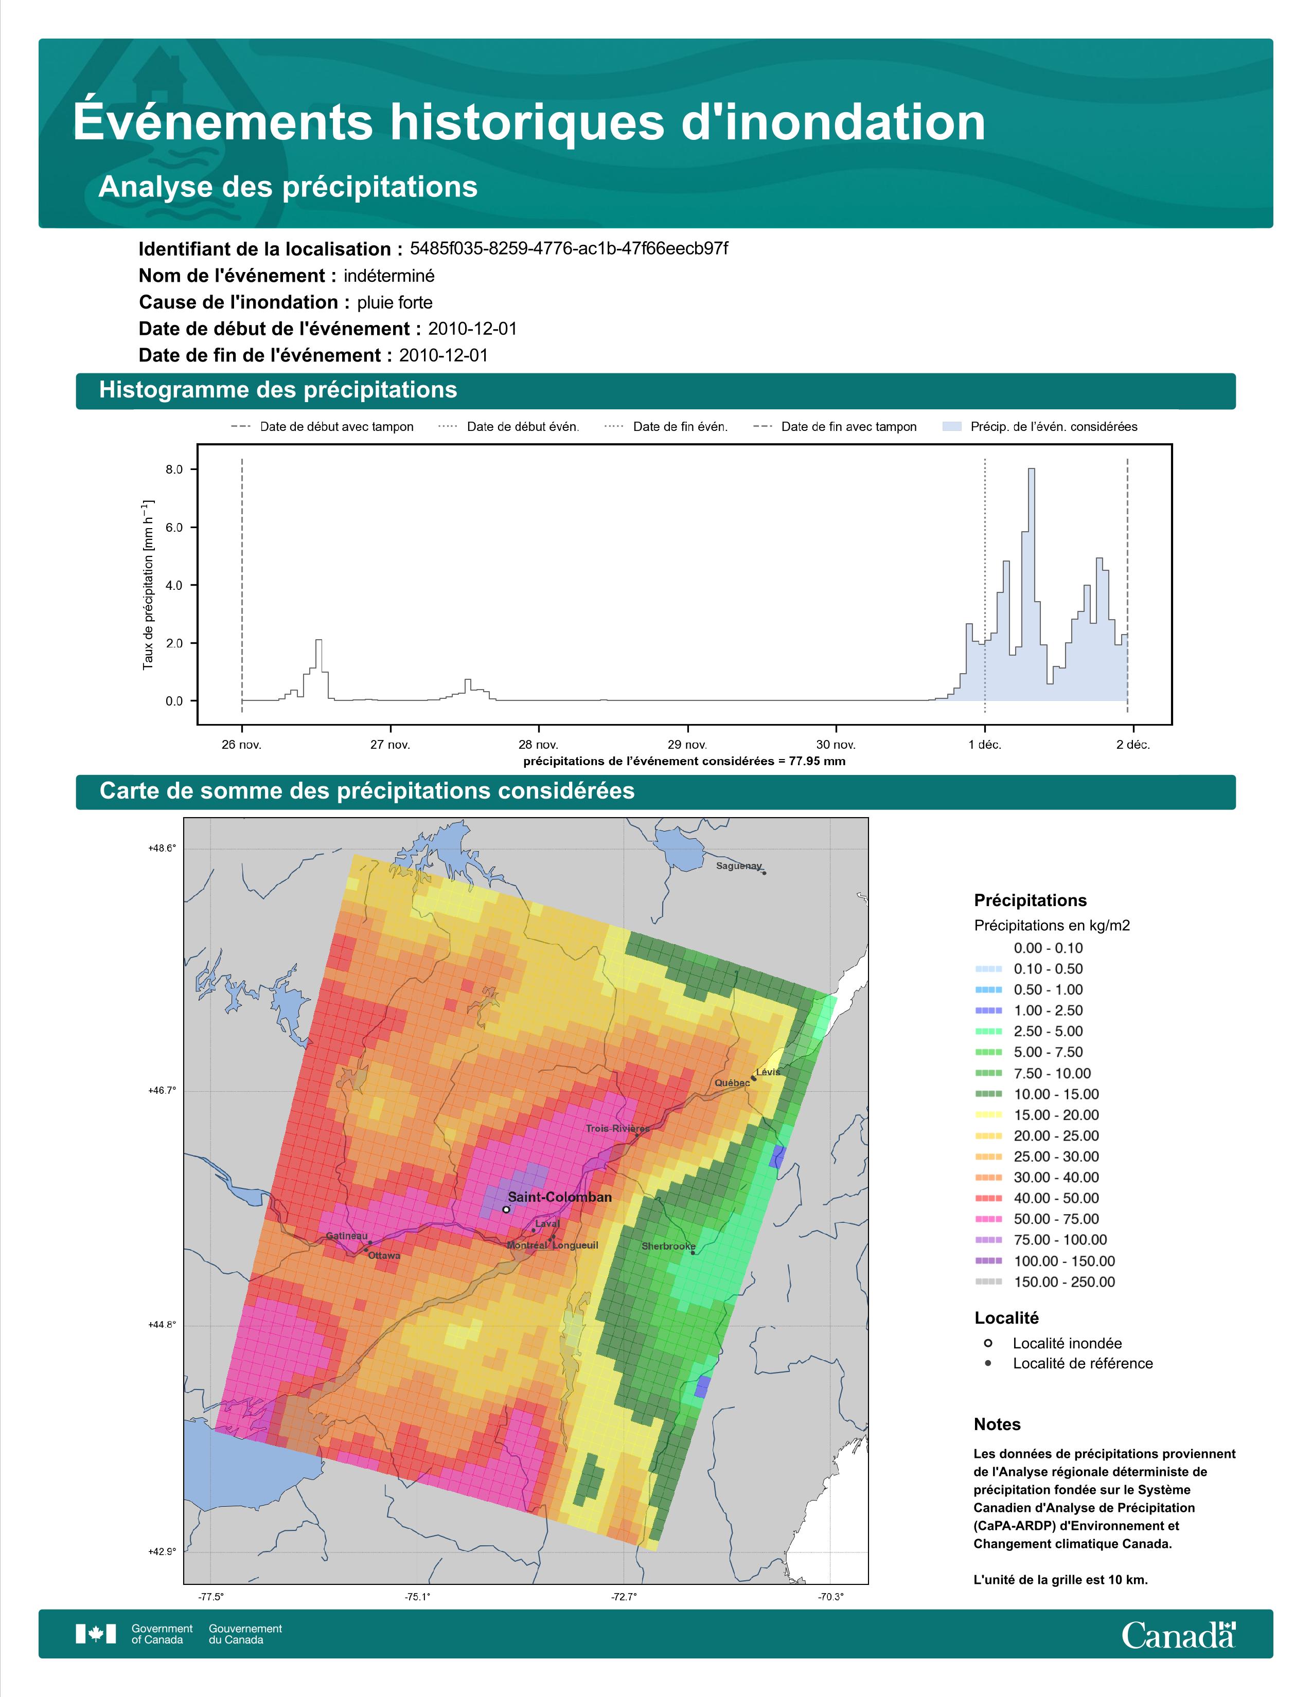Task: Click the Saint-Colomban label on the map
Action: coord(560,1197)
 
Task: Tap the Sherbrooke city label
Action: coord(668,1247)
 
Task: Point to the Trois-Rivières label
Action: coord(618,1128)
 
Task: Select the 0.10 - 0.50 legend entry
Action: coord(1048,969)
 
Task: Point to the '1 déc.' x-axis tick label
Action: coord(985,745)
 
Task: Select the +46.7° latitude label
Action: coord(163,1091)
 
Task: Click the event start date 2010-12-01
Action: coord(472,329)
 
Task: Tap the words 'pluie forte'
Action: coord(395,302)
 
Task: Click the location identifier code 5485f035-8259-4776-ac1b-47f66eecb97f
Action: coord(569,249)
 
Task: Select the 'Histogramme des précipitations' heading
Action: coord(278,390)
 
